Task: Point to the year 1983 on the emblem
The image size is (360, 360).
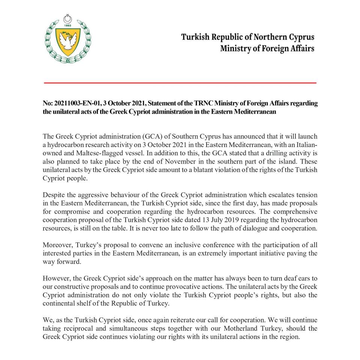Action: point(68,26)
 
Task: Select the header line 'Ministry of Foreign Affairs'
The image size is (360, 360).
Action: point(267,49)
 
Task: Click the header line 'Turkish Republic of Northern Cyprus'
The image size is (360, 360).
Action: point(248,37)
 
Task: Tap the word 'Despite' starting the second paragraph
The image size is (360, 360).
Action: point(54,195)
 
